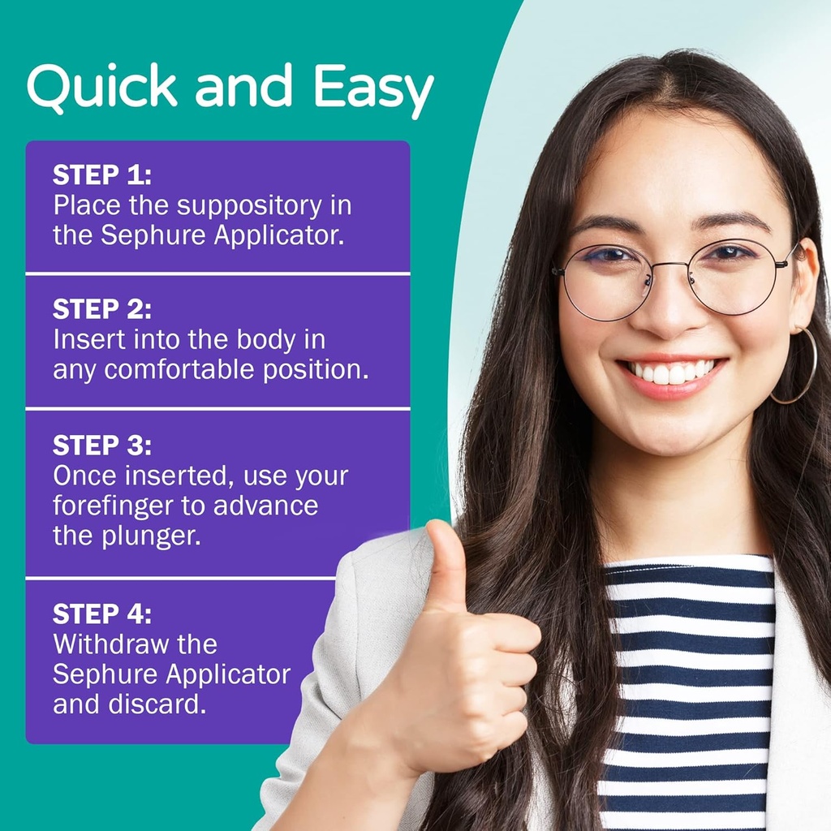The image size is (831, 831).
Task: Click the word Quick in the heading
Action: click(x=102, y=87)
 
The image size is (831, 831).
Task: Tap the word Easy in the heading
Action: click(x=374, y=88)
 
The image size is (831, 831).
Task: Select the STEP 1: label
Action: click(x=102, y=175)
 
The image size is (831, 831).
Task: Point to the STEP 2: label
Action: click(x=102, y=309)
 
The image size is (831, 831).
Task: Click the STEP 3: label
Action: click(x=102, y=446)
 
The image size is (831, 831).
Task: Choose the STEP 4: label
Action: click(x=102, y=613)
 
